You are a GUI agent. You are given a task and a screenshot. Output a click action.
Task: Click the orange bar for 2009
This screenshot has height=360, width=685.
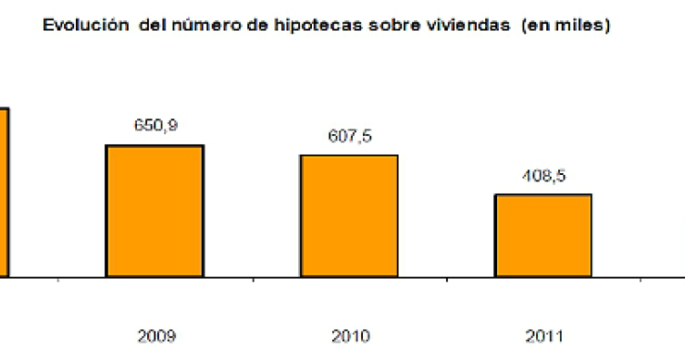155,210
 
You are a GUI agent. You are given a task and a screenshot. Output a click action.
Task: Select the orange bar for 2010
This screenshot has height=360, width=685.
349,215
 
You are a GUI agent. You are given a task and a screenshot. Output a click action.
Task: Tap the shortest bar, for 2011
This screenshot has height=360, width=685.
543,235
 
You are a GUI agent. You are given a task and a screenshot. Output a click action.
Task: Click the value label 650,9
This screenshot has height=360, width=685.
155,126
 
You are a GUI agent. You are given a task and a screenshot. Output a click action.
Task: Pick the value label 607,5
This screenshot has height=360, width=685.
349,136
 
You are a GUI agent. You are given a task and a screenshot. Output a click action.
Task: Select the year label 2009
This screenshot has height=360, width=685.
155,336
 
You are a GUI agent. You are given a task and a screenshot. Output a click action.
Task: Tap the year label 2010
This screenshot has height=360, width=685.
349,336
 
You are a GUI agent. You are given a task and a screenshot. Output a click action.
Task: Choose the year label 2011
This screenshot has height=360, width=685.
543,336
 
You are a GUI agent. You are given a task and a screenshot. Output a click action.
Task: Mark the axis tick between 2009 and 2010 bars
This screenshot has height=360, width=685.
252,279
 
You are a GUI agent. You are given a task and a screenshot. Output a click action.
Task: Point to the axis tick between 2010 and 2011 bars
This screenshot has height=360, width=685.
446,279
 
